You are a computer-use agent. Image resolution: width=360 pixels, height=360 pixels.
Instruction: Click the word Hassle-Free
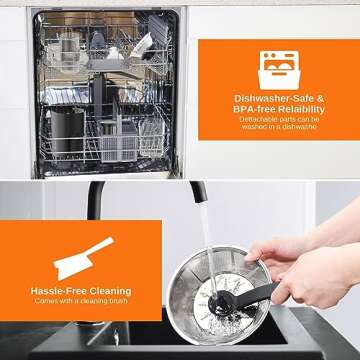coord(58,291)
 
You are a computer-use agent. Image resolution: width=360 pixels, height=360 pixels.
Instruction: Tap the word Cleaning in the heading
coord(107,291)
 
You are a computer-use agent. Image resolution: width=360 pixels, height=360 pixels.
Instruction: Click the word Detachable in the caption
coord(256,119)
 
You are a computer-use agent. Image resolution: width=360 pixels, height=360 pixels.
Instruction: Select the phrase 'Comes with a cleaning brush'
coord(80,301)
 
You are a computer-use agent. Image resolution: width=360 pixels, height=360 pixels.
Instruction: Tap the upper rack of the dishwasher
coord(100,50)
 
